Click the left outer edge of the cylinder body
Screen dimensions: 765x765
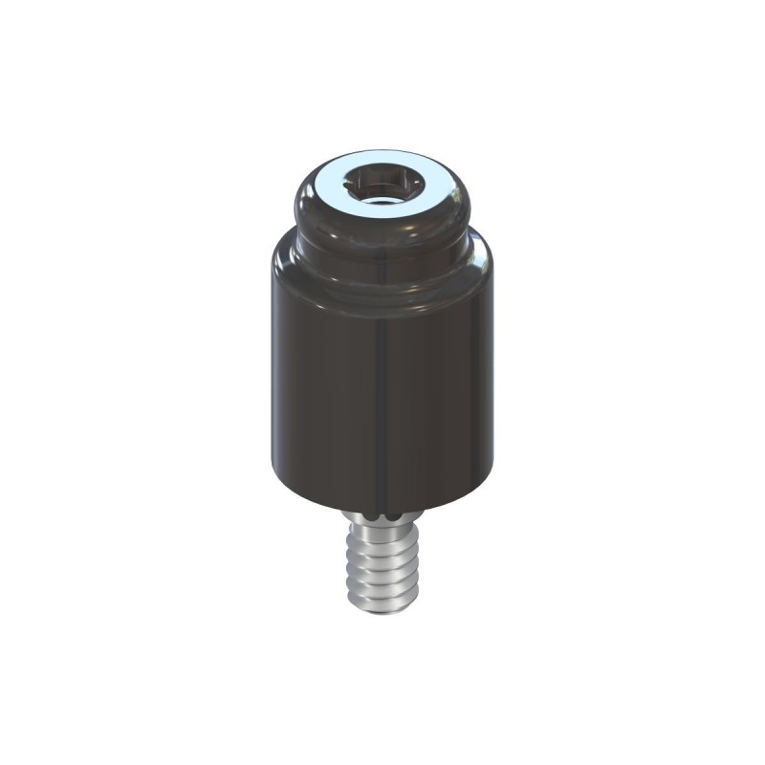[269, 382]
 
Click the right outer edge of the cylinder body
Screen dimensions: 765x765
[494, 382]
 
